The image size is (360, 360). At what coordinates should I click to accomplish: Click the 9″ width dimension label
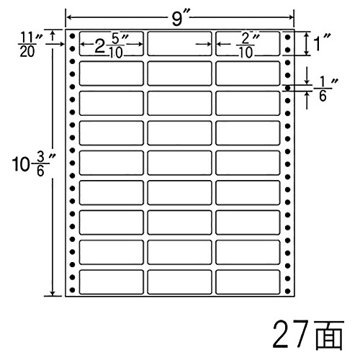(181, 19)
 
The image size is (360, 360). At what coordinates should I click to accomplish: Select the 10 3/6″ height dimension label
(33, 164)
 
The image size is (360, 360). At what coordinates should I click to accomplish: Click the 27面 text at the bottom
(308, 335)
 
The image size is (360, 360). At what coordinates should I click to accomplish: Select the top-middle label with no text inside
(179, 43)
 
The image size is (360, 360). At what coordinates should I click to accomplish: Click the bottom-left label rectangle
(112, 282)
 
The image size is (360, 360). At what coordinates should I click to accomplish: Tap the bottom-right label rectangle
(248, 282)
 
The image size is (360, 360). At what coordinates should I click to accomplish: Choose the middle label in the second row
(179, 73)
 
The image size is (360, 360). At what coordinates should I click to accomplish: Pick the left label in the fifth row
(112, 163)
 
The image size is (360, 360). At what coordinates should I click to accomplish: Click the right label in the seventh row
(248, 222)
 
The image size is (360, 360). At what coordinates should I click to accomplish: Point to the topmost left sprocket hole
(72, 36)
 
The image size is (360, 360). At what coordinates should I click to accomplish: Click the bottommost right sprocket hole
(288, 291)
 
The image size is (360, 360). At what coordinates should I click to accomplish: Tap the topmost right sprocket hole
(288, 37)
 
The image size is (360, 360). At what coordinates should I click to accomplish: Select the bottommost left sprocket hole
(72, 290)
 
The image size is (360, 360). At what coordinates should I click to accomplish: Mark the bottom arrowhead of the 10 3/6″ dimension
(53, 293)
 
